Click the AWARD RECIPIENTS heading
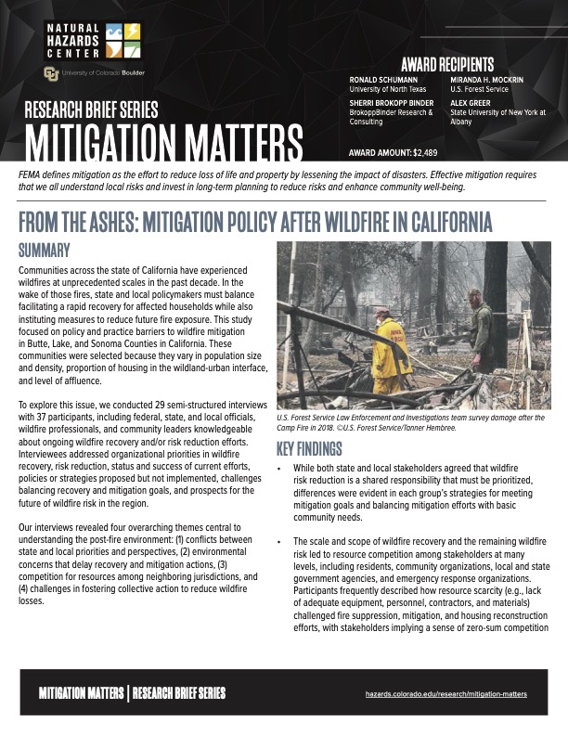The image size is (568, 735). tap(447, 64)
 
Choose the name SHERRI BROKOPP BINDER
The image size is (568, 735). tap(391, 103)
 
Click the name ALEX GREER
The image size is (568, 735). tap(471, 103)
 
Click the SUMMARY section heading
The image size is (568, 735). tap(45, 250)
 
